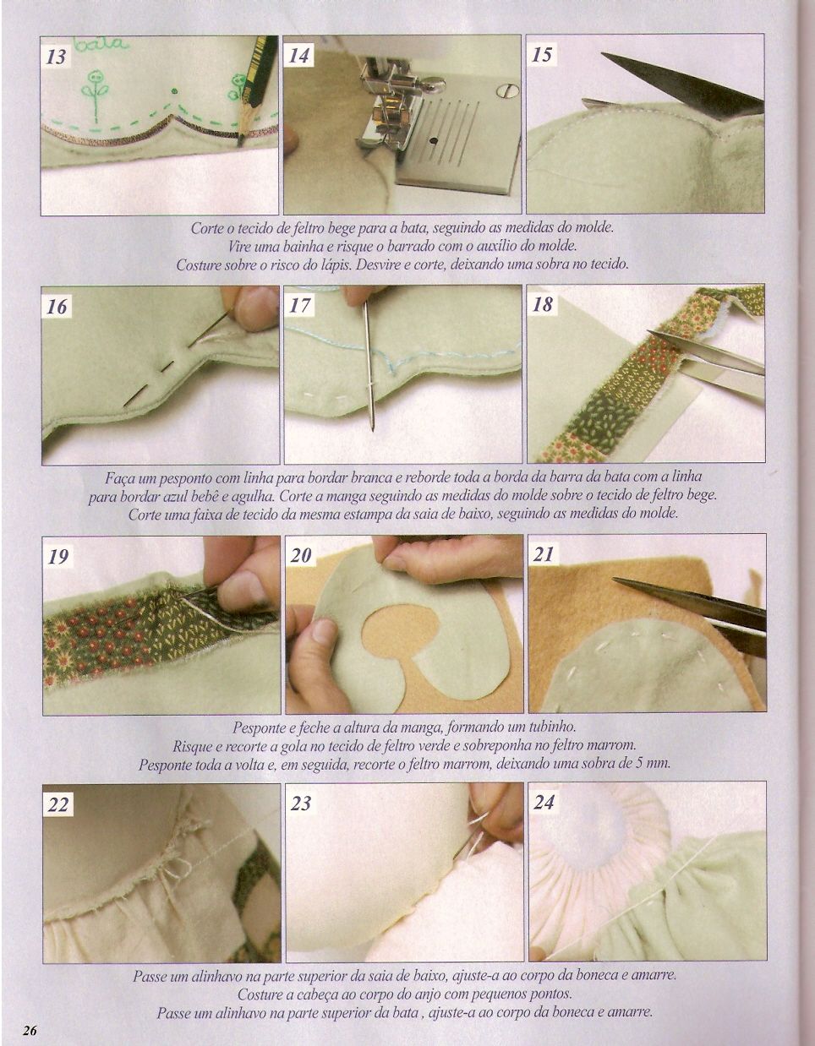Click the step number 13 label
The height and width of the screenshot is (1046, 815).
click(x=56, y=57)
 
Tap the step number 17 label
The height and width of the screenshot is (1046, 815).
click(x=299, y=305)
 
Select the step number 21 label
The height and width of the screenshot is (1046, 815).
click(x=544, y=554)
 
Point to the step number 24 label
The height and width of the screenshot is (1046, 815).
click(x=544, y=803)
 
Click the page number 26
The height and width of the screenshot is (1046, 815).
click(x=29, y=1030)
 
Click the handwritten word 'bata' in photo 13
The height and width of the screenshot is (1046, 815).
click(x=102, y=45)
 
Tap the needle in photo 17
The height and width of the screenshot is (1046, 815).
click(x=369, y=364)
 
